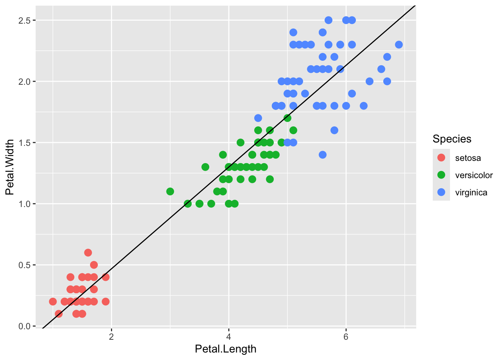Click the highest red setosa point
[88, 253]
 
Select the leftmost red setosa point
[53, 301]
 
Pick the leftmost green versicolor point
[170, 192]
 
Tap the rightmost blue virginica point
[399, 45]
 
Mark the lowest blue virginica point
[322, 155]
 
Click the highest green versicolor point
[287, 118]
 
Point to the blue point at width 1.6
[334, 130]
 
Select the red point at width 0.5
[94, 265]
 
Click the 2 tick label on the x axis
[111, 336]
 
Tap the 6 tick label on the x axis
[346, 336]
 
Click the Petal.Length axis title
[226, 349]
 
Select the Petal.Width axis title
[10, 167]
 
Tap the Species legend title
[452, 139]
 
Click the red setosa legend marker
[441, 158]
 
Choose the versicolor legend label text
[474, 175]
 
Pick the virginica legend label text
[471, 193]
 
